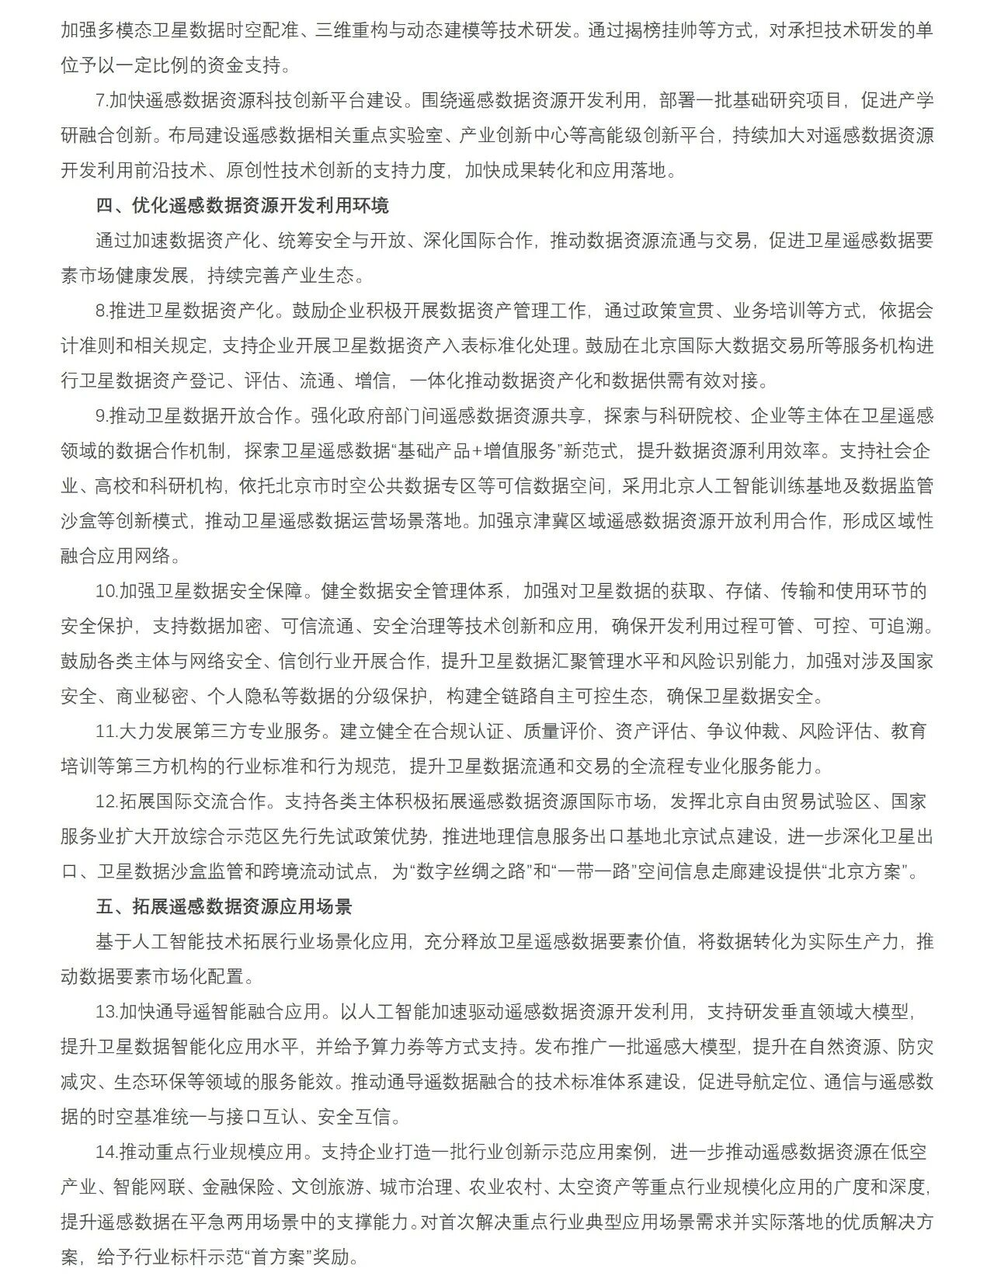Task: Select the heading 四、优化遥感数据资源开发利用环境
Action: coord(242,205)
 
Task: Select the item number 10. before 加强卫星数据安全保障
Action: coord(106,591)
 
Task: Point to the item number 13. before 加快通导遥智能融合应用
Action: coord(106,1012)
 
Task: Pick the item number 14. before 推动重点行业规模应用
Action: coord(106,1152)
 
